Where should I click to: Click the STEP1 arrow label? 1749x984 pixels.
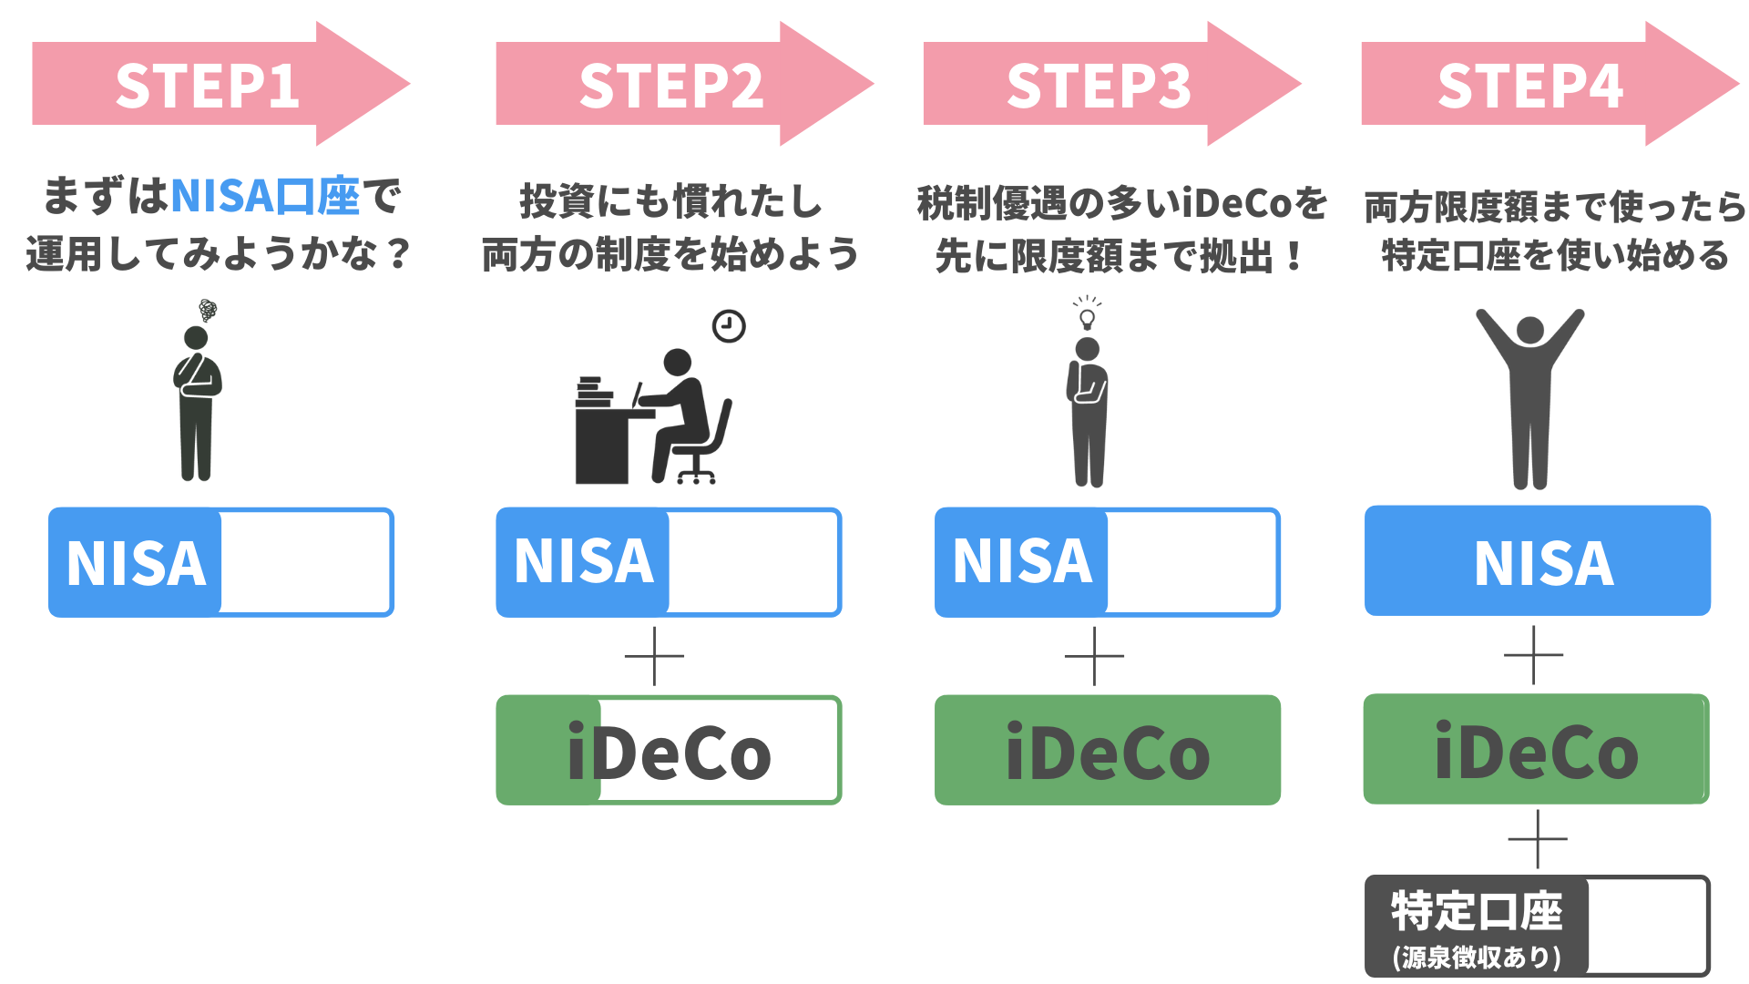208,86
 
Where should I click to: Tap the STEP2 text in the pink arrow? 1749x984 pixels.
671,86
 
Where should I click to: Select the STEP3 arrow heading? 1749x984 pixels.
1099,86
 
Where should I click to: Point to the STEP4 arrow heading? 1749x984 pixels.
1530,86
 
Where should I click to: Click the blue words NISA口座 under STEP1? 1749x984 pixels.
265,196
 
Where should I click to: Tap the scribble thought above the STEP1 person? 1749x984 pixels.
208,310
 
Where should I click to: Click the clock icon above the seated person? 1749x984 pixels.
729,325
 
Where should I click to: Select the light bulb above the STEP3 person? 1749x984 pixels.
1087,316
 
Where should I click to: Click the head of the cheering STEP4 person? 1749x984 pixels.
1529,330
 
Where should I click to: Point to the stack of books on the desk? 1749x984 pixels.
594,392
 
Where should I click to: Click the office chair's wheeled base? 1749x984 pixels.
696,474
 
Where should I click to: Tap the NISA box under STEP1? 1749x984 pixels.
221,562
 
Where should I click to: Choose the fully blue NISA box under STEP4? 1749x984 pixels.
1538,561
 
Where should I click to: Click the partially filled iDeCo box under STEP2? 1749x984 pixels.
669,750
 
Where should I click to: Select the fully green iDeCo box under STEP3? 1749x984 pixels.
1108,750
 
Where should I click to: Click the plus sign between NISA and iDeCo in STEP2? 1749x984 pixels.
654,656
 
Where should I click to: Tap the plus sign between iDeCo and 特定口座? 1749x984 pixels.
1538,838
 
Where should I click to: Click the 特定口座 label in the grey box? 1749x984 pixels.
1477,911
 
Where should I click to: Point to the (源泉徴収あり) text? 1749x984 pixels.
1477,957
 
